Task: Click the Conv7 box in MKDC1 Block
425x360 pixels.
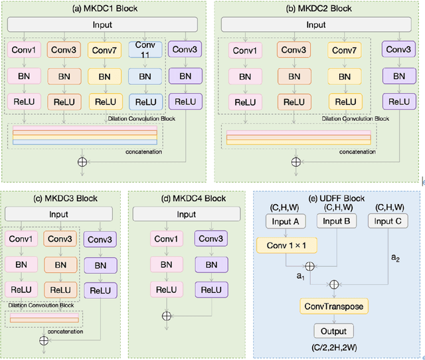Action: [x=105, y=50]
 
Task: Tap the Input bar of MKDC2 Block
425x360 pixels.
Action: [x=315, y=25]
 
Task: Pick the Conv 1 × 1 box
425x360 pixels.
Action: [x=286, y=246]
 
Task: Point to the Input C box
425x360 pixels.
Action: [x=392, y=221]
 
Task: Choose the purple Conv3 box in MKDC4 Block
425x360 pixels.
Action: [x=210, y=239]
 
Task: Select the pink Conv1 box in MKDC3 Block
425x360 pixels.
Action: [x=21, y=239]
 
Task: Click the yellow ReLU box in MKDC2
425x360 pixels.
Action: [x=343, y=102]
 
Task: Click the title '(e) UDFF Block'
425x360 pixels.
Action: [x=338, y=197]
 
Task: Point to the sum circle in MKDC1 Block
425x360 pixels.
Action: [x=83, y=161]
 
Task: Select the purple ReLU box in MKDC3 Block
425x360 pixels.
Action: [x=100, y=290]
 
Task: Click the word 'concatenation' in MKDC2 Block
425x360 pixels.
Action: [x=357, y=151]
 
